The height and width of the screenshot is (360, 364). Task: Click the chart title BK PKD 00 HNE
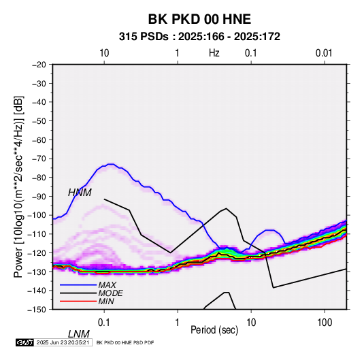point(199,19)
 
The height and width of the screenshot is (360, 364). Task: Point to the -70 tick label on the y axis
point(39,159)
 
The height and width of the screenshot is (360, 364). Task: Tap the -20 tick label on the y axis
point(39,65)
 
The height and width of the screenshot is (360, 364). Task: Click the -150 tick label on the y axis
point(37,310)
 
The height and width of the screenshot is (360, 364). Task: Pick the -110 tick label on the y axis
point(37,234)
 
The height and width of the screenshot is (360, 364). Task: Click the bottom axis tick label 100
point(325,323)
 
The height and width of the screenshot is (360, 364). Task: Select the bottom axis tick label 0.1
point(104,323)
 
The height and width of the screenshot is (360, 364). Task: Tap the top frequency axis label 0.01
point(324,53)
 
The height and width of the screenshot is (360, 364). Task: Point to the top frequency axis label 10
point(104,53)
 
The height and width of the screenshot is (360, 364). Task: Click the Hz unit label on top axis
point(214,53)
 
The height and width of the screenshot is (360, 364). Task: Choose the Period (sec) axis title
point(214,330)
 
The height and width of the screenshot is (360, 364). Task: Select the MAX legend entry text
point(107,285)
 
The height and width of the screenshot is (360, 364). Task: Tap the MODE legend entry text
point(110,293)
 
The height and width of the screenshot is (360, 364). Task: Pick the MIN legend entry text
point(106,301)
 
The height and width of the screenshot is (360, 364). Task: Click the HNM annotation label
point(80,193)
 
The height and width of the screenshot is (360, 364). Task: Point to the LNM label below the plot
point(79,334)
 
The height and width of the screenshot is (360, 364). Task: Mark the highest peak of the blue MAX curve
point(111,164)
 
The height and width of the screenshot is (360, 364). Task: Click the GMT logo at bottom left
point(24,342)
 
